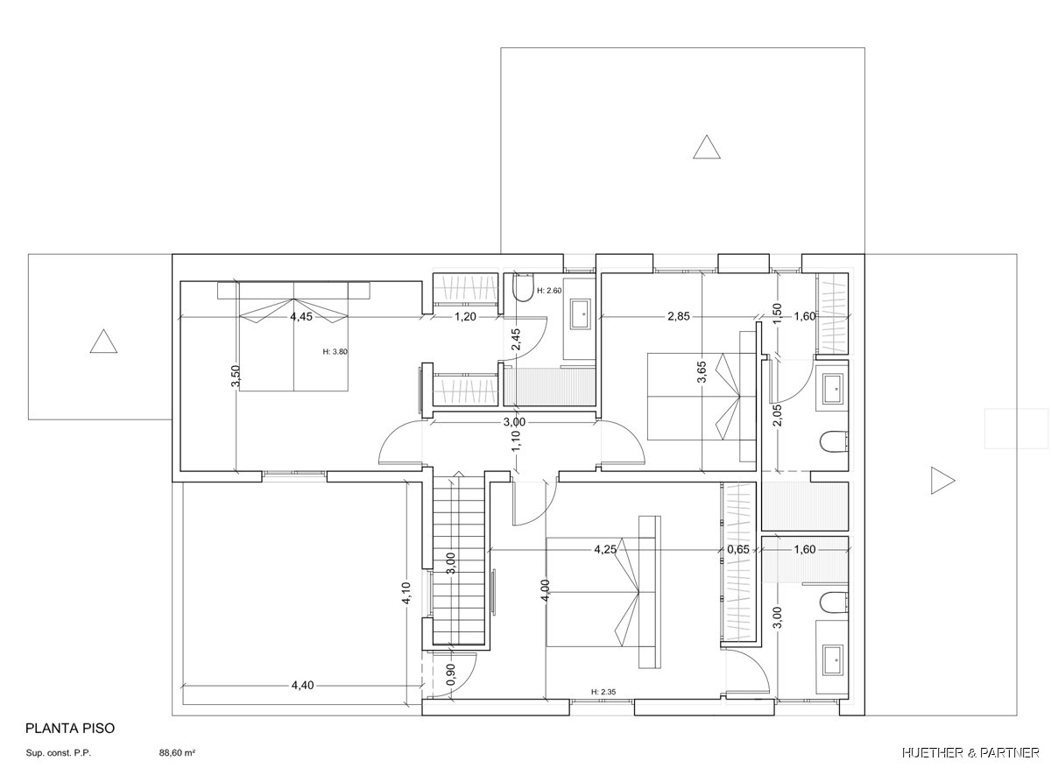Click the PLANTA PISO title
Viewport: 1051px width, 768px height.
pos(70,728)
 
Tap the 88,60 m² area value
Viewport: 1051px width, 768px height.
pos(177,753)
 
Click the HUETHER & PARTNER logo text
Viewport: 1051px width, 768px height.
pos(970,753)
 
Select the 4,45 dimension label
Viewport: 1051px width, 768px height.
pos(301,317)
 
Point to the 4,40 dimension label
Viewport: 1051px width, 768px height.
pos(303,686)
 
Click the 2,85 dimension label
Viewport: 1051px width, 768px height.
pos(679,316)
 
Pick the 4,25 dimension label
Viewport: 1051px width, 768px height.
pos(605,549)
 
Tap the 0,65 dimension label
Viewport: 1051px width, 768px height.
pos(738,549)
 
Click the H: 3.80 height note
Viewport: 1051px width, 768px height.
pos(335,351)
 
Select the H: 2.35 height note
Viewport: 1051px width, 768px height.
pos(603,692)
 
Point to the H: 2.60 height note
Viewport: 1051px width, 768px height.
pos(549,291)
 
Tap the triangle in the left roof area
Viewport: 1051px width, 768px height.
pos(103,341)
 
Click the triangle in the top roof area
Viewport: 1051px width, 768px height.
pos(707,147)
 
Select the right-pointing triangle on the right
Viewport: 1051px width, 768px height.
pos(942,481)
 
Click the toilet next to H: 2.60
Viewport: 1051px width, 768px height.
pos(524,287)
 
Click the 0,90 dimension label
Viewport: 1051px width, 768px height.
pos(451,674)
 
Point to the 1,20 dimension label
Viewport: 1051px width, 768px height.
pos(465,317)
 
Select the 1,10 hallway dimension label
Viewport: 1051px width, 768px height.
pos(516,441)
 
